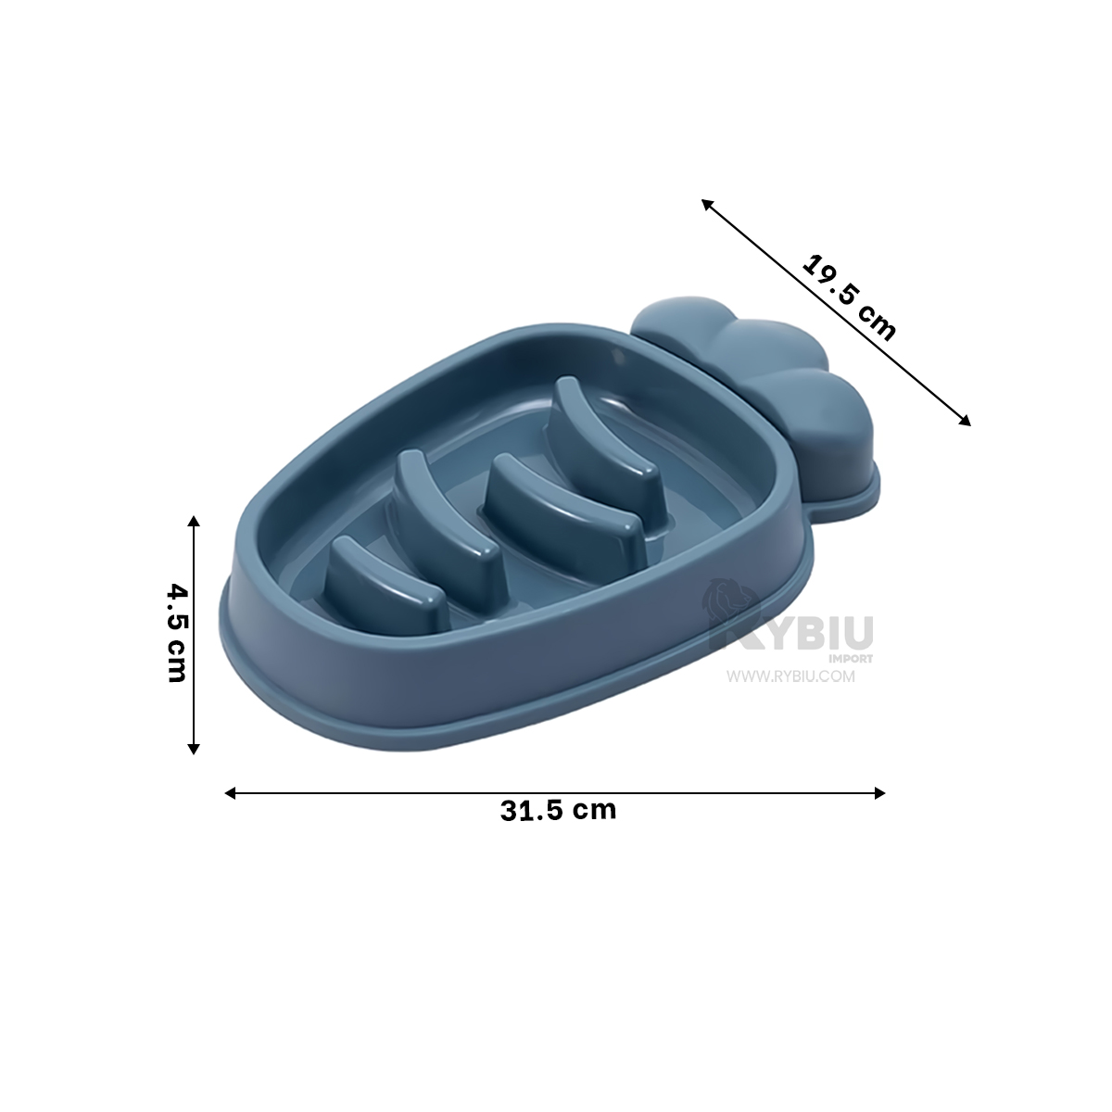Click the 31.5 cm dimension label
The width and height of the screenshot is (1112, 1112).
(558, 810)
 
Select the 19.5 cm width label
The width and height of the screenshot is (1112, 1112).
(848, 297)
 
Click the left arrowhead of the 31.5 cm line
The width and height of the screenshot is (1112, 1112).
(230, 793)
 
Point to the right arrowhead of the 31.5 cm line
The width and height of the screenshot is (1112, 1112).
(880, 793)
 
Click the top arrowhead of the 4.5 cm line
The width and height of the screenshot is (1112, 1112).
(194, 521)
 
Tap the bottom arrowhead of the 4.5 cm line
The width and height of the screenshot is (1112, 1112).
(194, 749)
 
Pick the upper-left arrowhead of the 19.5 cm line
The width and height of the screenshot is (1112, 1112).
(707, 204)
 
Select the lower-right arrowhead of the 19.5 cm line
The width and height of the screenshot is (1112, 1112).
(965, 421)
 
